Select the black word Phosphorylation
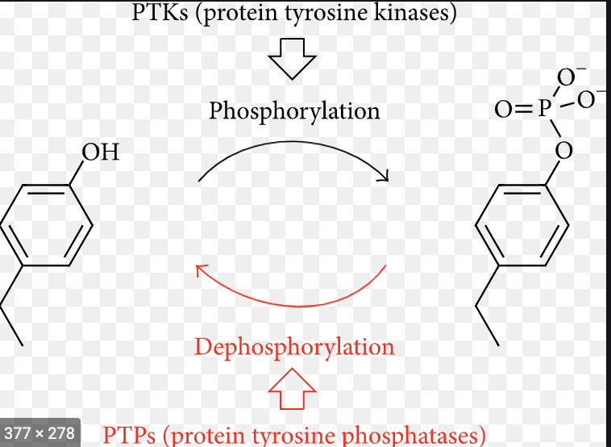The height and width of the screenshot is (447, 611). (x=294, y=111)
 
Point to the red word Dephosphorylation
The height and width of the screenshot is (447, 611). (x=294, y=347)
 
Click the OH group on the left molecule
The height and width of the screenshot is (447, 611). (x=100, y=152)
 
